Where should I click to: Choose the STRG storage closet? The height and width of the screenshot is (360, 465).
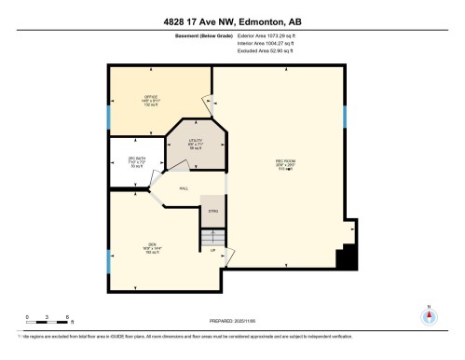click(x=212, y=212)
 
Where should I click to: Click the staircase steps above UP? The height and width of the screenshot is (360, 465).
click(x=212, y=240)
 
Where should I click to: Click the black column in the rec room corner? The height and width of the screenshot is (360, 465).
click(x=348, y=256)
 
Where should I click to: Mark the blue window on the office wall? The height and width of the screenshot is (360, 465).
click(x=109, y=116)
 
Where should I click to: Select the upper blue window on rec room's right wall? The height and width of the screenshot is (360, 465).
click(x=345, y=117)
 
